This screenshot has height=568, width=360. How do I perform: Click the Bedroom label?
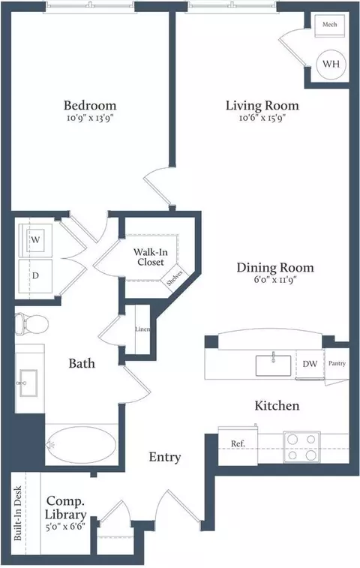[x=89, y=105]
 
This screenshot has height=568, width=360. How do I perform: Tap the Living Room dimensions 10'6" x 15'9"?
[x=262, y=118]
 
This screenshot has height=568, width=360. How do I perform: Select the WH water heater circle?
[x=331, y=64]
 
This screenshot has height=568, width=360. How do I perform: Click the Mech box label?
[x=330, y=25]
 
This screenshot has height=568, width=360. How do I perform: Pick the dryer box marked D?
[x=34, y=274]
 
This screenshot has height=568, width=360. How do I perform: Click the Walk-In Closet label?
[x=151, y=257]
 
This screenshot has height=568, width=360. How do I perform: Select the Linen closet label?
[x=142, y=329]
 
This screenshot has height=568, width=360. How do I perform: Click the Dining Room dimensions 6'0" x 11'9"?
[x=275, y=281]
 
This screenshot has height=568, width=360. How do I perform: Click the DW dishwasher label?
[x=310, y=364]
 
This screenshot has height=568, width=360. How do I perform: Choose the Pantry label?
[x=336, y=363]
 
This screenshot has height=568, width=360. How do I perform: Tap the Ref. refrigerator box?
[x=238, y=443]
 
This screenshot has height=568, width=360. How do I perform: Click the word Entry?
[x=164, y=457]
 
